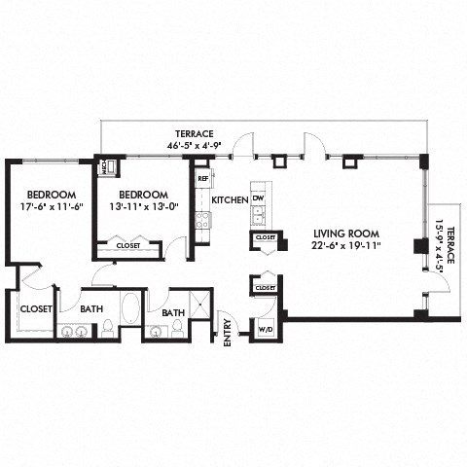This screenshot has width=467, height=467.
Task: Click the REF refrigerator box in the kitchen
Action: tap(203, 179)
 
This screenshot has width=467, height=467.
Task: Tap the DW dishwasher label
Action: tap(258, 198)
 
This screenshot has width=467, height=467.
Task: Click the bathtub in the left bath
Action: tap(131, 308)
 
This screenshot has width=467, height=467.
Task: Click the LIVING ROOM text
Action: tap(345, 233)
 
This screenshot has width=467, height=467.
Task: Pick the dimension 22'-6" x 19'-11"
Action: tap(345, 246)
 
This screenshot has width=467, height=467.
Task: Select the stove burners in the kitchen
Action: tap(202, 221)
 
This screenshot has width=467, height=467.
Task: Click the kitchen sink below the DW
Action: tap(258, 215)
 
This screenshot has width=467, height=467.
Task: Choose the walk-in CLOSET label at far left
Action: tap(36, 309)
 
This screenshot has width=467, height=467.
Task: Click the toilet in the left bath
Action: tap(107, 328)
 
